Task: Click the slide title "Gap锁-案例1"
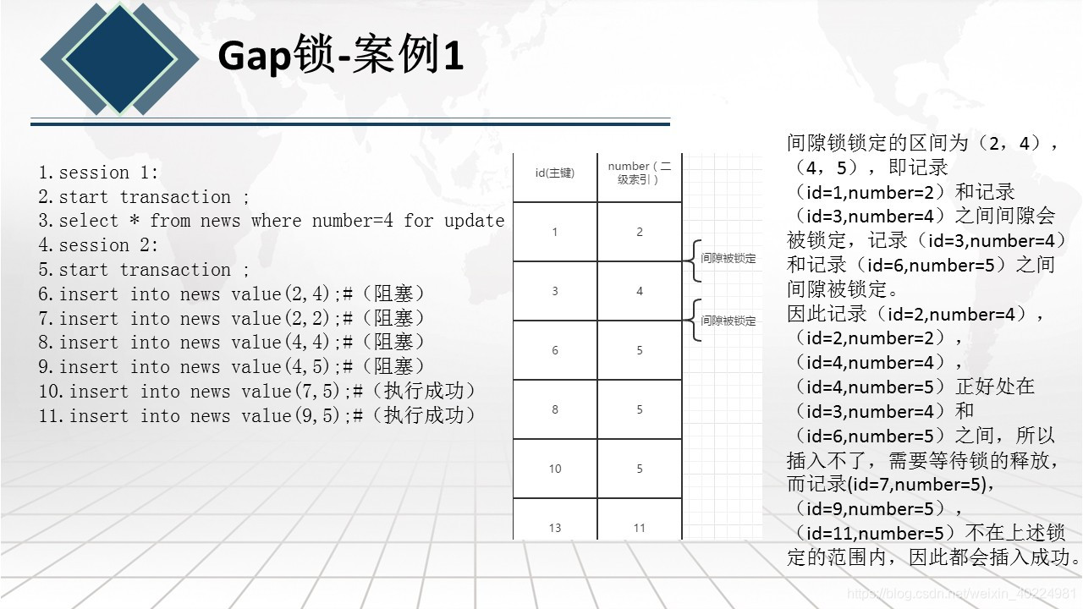tap(340, 57)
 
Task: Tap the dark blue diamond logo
tap(119, 58)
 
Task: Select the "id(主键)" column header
tap(555, 173)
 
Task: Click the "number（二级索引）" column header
tap(640, 173)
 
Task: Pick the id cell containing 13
tap(555, 528)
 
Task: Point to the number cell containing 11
tap(640, 528)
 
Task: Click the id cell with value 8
tap(555, 409)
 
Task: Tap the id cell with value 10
tap(555, 469)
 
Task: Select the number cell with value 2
tap(640, 232)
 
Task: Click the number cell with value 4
tap(640, 291)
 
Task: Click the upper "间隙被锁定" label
tap(728, 258)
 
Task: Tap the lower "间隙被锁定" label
tap(728, 321)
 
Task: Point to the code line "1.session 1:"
tap(98, 173)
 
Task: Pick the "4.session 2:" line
tap(98, 245)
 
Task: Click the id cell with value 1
tap(555, 232)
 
